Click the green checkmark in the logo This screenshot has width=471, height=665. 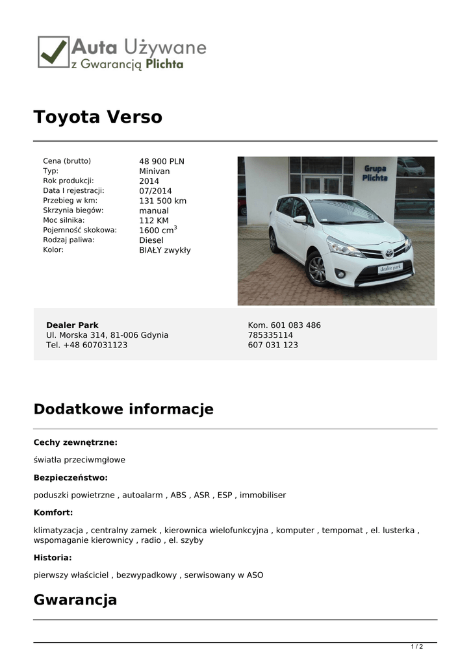point(53,51)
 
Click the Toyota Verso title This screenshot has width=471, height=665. point(97,118)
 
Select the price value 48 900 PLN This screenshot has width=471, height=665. point(162,162)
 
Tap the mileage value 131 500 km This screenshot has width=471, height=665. point(162,201)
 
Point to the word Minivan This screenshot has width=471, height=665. point(154,171)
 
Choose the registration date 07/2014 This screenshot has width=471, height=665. point(155,191)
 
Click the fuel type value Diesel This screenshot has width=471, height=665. point(151,240)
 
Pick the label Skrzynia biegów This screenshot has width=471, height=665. point(73,210)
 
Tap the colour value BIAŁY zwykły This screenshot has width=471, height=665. point(165,250)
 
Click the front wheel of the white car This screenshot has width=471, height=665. point(316,270)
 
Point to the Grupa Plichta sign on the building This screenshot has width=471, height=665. point(375,173)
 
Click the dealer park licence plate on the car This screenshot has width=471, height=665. point(390,268)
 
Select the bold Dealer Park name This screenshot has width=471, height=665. point(72,325)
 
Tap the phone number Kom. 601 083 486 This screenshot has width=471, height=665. point(284,325)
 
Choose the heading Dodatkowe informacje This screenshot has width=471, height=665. point(123,410)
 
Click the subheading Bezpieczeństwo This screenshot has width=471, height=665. point(71,477)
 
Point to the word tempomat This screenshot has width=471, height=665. point(342,530)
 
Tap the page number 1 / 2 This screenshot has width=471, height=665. point(417,647)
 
